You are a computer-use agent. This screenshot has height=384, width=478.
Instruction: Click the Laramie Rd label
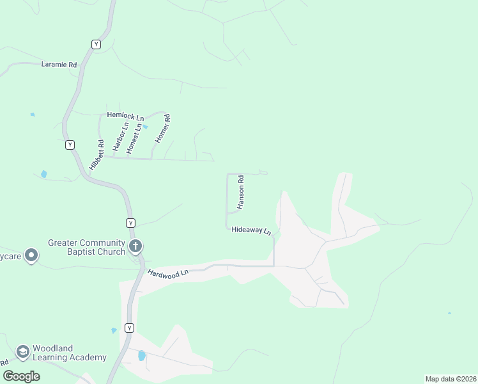[x=59, y=65]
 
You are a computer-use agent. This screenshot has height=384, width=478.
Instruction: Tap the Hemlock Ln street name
[x=125, y=115]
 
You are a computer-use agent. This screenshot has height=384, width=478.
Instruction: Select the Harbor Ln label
[x=119, y=136]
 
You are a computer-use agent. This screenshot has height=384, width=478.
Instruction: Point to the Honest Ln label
[x=133, y=138]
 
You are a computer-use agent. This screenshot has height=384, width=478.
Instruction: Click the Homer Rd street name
[x=163, y=127]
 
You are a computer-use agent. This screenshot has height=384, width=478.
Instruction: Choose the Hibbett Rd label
[x=96, y=155]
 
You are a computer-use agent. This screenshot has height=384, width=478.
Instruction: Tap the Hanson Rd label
[x=241, y=193]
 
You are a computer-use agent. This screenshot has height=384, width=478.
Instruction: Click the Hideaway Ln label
[x=252, y=230]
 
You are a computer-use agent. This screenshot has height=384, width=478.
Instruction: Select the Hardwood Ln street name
[x=168, y=273]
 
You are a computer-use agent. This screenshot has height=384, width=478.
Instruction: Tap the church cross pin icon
[x=135, y=246]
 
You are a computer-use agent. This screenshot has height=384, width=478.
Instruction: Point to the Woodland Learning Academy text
[x=69, y=353]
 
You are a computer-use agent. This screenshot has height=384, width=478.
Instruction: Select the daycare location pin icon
[x=31, y=256]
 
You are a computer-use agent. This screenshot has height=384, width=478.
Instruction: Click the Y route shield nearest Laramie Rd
[x=96, y=44]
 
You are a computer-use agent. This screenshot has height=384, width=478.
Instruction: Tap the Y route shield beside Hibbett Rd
[x=70, y=145]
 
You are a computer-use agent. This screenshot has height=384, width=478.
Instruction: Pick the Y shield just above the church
[x=130, y=223]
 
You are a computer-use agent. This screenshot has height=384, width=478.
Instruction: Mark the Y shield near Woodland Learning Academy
[x=129, y=328]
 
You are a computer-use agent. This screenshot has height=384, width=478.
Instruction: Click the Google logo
[x=22, y=376]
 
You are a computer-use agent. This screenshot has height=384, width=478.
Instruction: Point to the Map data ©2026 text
[x=450, y=379]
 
